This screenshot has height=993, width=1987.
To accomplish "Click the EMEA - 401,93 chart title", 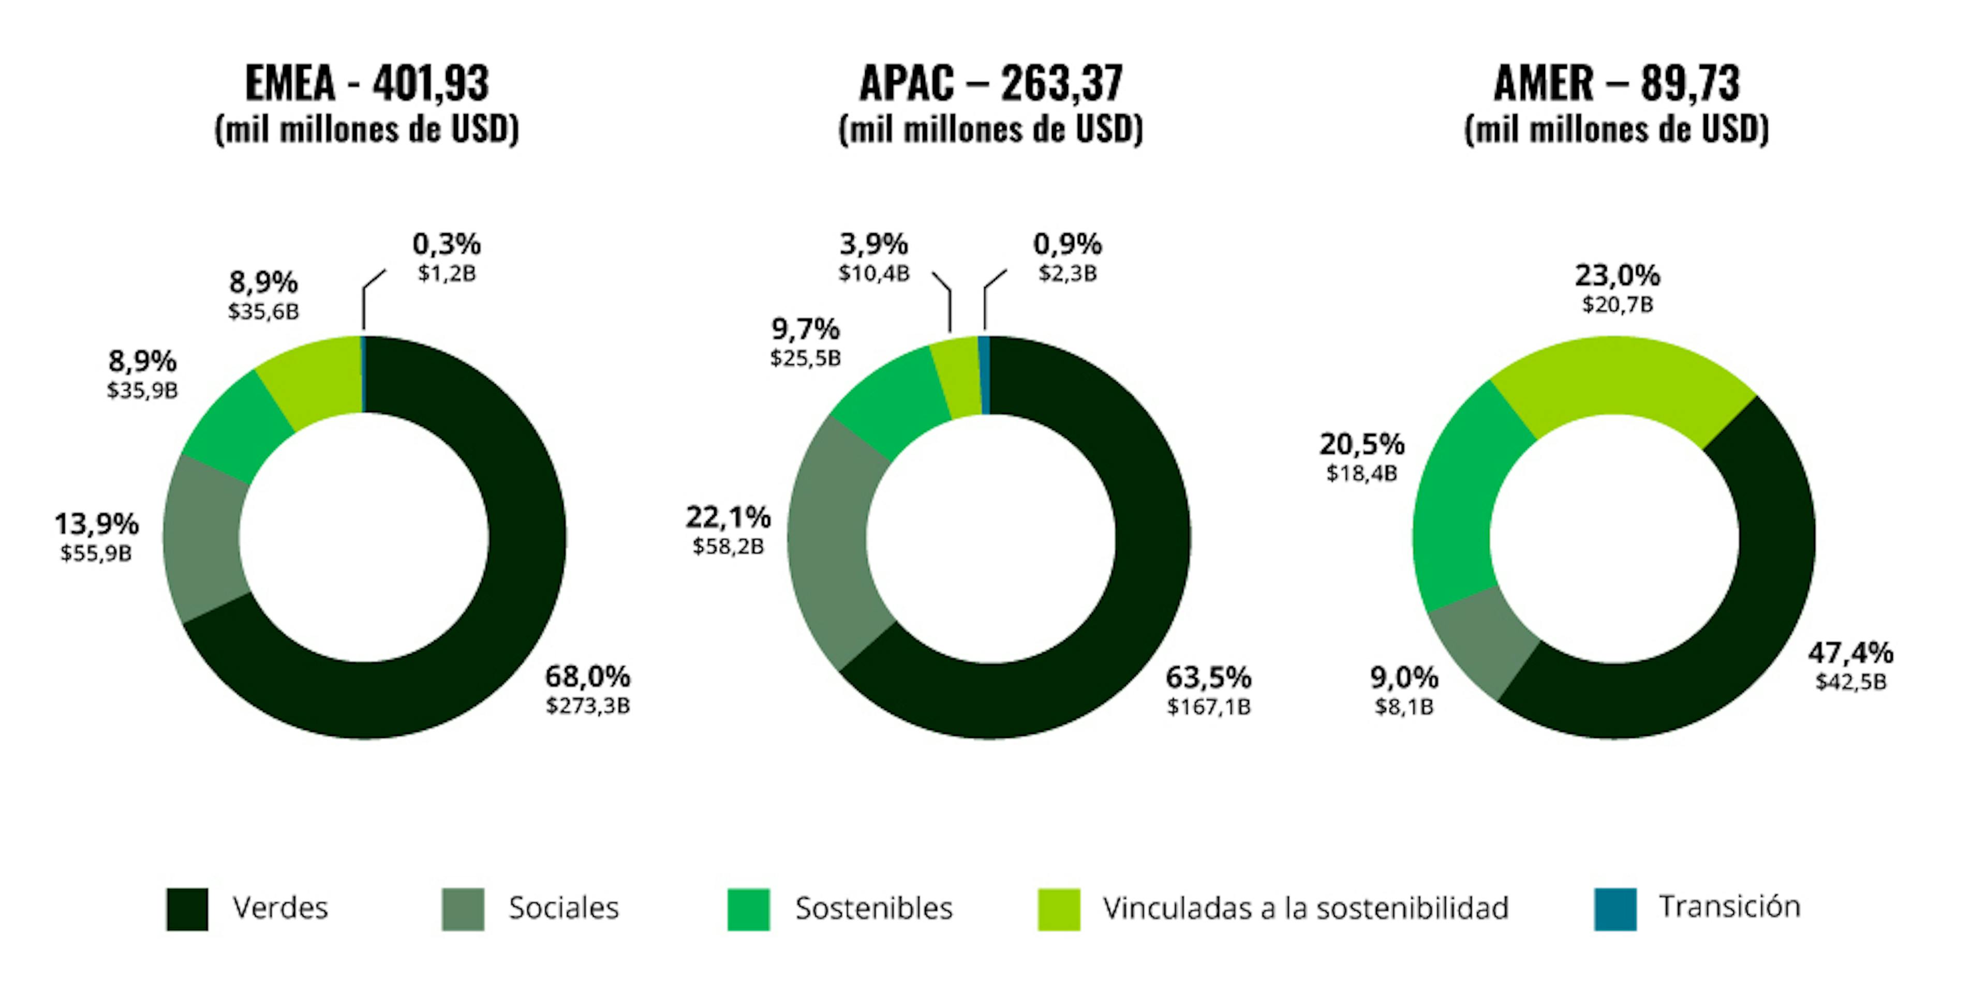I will click(366, 83).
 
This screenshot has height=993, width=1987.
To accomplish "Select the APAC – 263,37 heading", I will click(991, 83).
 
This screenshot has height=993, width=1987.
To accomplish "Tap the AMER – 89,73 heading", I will click(1617, 83).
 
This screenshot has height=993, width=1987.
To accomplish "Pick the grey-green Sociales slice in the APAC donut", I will click(829, 539).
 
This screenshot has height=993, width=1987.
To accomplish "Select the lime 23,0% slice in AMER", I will click(1620, 378).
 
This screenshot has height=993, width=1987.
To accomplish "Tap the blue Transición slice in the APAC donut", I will click(984, 375).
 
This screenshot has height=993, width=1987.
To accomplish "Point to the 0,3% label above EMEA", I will click(447, 245).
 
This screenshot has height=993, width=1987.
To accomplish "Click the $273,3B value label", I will click(588, 706).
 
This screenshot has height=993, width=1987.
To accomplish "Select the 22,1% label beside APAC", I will click(728, 517).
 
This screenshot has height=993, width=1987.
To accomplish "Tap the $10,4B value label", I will click(874, 273).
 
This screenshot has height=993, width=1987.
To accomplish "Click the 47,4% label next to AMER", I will click(1850, 654).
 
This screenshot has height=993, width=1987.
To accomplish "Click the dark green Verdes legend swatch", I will click(187, 909).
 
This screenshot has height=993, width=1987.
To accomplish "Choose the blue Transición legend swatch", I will click(1615, 909).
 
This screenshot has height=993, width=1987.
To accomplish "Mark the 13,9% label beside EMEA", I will click(96, 524).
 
